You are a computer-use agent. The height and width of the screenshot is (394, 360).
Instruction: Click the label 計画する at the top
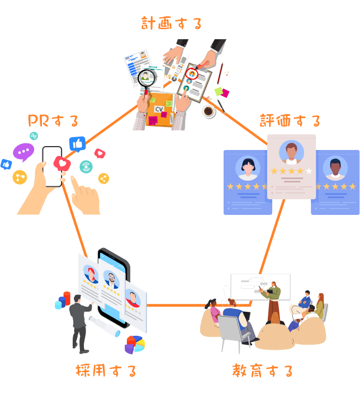pos(171,24)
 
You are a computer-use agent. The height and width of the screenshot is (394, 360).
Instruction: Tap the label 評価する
pos(290,121)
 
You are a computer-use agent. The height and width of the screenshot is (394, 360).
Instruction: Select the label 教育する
pos(262,370)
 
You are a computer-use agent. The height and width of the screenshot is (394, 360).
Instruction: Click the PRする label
pos(53,121)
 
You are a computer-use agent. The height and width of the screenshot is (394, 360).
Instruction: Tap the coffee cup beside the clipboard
pos(209,111)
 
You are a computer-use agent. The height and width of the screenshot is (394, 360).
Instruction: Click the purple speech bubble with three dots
pos(23,152)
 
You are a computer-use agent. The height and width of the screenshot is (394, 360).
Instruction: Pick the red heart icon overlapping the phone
pos(61,163)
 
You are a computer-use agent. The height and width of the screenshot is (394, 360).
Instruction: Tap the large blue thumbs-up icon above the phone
pos(77,144)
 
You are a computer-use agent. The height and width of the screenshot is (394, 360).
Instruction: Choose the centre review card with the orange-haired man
pos(291,166)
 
